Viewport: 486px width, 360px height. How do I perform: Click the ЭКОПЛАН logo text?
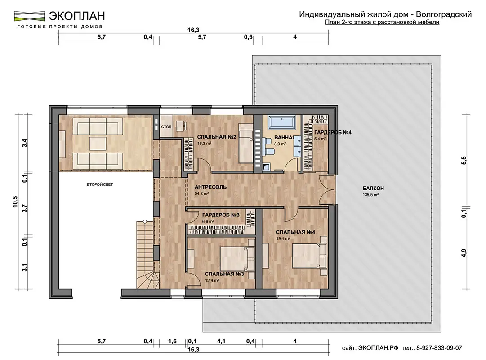(77, 15)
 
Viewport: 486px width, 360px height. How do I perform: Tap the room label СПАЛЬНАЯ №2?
(217, 137)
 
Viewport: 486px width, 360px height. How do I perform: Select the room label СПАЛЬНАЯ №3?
(224, 274)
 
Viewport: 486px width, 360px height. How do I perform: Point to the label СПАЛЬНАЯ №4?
(296, 232)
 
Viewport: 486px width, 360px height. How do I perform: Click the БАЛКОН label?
(373, 189)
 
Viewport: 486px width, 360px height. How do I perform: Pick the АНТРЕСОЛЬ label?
(210, 187)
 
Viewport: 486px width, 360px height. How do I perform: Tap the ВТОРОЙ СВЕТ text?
(100, 184)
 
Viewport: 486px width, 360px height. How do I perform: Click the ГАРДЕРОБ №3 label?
(221, 215)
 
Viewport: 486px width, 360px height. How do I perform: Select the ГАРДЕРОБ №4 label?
(333, 132)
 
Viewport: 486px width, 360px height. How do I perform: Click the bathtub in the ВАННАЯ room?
(282, 122)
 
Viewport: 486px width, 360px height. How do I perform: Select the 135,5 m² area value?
(371, 195)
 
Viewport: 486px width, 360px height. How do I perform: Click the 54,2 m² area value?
(201, 193)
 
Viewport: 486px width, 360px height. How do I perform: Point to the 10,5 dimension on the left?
(15, 202)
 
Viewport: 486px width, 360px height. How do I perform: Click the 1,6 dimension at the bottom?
(172, 342)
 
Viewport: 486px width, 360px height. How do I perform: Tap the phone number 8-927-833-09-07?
(439, 348)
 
